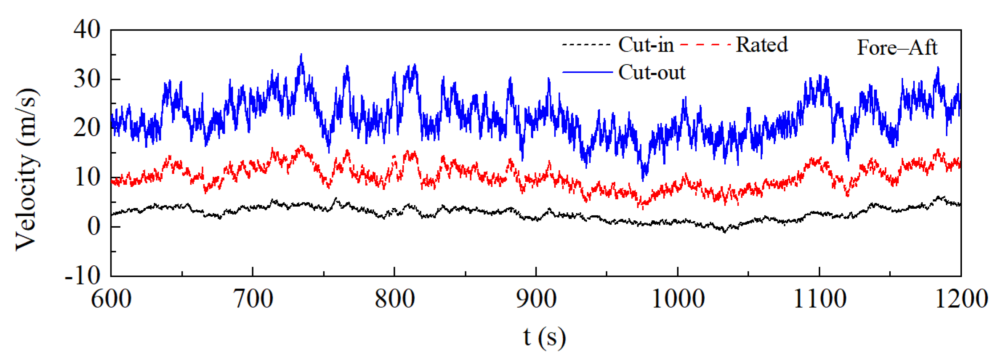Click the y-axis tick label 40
click(87, 29)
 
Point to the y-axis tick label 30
click(87, 79)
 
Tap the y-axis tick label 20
click(87, 128)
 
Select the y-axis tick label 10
click(87, 178)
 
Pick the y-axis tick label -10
click(82, 276)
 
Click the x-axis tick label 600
click(111, 299)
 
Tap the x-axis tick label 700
click(253, 299)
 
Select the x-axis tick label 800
click(395, 299)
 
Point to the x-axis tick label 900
click(536, 299)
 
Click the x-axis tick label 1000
click(678, 299)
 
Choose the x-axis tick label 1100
click(820, 299)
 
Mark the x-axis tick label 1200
click(961, 299)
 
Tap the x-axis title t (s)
click(544, 337)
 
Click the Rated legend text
click(762, 45)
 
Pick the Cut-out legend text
click(652, 73)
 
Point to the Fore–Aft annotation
click(897, 48)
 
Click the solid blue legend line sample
click(587, 72)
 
